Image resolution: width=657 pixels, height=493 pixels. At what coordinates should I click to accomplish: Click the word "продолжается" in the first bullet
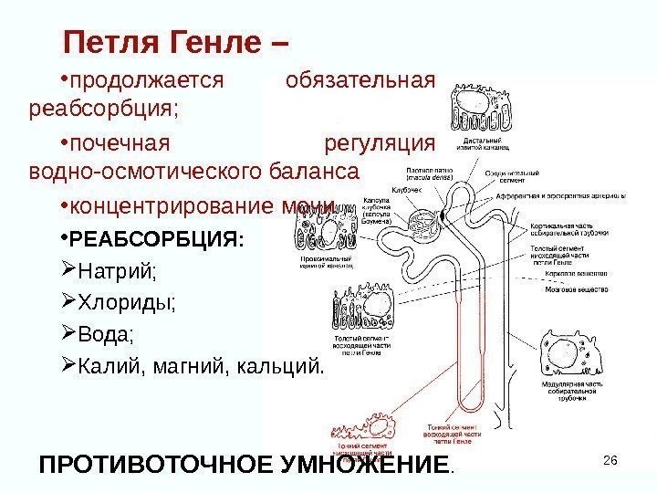(147, 80)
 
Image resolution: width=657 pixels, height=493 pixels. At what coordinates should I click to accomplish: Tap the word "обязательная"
(360, 80)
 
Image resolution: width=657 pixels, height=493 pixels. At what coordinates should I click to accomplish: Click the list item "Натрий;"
(118, 272)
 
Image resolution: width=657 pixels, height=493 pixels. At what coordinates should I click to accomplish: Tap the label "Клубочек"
(407, 189)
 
